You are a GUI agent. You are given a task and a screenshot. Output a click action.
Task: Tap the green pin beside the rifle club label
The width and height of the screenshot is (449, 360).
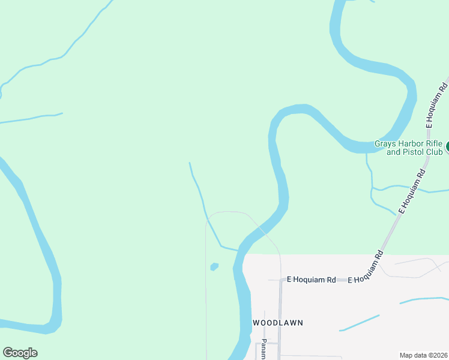(x=447, y=146)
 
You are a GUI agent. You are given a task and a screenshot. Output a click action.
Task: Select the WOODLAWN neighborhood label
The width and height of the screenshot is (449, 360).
(x=277, y=323)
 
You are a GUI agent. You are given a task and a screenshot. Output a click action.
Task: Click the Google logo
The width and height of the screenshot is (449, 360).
(x=20, y=353)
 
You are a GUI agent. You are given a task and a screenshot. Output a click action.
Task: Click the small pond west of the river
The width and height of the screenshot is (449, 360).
(x=214, y=266)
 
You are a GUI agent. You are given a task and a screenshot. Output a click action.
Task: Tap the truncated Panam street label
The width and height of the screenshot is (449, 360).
(x=264, y=351)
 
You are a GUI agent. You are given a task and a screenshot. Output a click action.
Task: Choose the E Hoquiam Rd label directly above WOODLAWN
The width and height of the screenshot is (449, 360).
(x=311, y=280)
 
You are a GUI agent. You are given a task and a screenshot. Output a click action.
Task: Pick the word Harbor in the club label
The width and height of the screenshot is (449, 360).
(x=410, y=143)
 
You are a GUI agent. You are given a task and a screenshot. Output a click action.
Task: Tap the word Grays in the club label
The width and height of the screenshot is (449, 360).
(x=385, y=143)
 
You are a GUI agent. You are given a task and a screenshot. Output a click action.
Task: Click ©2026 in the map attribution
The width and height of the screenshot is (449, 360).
(x=436, y=355)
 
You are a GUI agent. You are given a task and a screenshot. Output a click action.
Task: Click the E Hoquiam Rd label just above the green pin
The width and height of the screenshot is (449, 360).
(x=437, y=105)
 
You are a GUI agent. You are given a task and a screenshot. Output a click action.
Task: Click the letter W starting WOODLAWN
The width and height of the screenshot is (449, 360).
(x=256, y=323)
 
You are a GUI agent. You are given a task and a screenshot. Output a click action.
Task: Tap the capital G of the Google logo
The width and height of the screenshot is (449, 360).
(x=8, y=353)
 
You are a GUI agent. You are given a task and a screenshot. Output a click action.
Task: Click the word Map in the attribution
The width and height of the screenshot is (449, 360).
(x=407, y=355)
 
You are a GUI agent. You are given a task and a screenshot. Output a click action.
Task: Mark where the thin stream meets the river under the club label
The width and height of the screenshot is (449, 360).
(x=367, y=152)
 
